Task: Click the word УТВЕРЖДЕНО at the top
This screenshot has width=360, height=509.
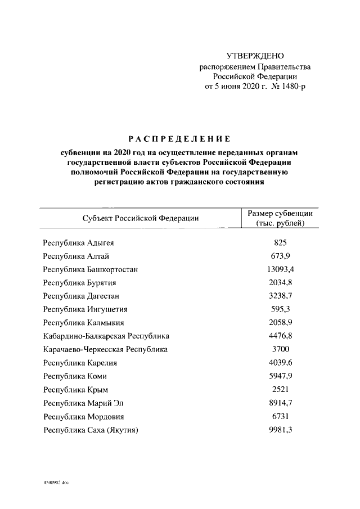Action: (x=255, y=56)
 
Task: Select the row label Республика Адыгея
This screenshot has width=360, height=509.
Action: (x=82, y=243)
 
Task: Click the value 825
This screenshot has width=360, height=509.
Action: (x=280, y=243)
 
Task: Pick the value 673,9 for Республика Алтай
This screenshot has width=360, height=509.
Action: (x=280, y=256)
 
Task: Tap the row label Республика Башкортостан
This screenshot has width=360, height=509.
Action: (x=91, y=269)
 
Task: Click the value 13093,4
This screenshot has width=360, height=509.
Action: (x=280, y=269)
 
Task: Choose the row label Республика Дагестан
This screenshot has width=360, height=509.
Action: (x=81, y=295)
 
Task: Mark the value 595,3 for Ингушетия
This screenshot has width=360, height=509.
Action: (x=280, y=309)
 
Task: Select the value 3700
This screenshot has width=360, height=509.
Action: (x=280, y=349)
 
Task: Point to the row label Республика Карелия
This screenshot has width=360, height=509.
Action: (x=80, y=363)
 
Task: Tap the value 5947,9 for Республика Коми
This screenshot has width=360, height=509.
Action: (x=280, y=376)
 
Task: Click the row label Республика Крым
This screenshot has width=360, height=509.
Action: (x=75, y=390)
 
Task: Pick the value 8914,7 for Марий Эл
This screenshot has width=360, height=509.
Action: (x=280, y=403)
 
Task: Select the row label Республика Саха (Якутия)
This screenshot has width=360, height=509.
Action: (x=91, y=430)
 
